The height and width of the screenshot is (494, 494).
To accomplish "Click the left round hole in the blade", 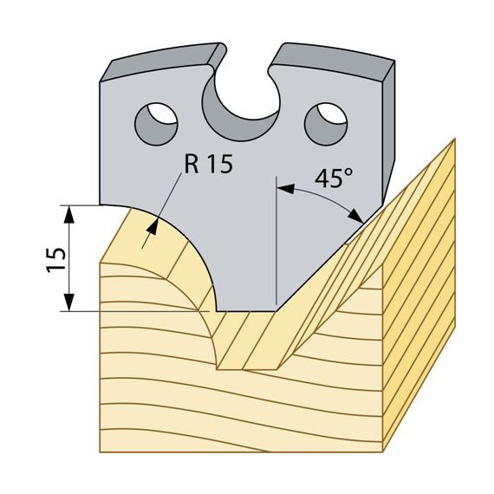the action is (156, 124).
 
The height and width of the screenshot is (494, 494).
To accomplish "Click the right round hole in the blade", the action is (326, 124).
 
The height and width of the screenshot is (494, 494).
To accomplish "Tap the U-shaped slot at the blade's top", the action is (242, 104).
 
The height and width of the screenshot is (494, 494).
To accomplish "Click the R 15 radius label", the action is (209, 164).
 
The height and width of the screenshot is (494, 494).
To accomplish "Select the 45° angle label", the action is (334, 178).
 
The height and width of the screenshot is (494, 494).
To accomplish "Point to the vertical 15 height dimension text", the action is (56, 260).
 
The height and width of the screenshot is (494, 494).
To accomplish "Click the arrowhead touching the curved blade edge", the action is (153, 226).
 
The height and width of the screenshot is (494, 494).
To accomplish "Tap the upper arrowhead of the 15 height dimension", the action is (69, 215).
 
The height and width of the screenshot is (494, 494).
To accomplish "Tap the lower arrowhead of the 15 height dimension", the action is (69, 302).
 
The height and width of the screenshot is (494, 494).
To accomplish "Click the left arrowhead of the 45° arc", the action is (285, 189).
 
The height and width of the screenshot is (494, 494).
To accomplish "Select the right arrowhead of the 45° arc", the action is (355, 216).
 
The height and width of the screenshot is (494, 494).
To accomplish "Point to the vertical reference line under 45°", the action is (276, 241).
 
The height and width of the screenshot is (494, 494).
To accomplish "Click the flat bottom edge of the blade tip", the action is (246, 311).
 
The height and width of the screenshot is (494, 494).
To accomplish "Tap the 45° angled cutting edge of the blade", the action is (329, 258).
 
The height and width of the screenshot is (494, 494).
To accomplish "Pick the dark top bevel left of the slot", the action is (164, 62).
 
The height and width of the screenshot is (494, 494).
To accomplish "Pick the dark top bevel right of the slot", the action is (333, 62).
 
